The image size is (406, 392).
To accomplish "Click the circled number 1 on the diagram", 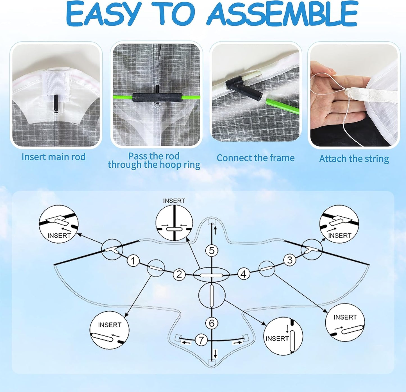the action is (x=133, y=260).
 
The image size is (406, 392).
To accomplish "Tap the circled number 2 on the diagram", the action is (x=179, y=274).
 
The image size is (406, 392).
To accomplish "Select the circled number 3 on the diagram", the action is (x=290, y=260).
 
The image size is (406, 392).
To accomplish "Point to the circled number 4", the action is (x=244, y=274).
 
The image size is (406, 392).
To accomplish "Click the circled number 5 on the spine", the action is (x=212, y=250).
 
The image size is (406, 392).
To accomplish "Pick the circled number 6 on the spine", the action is (x=212, y=323).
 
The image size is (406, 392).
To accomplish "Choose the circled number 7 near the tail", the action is (x=201, y=340).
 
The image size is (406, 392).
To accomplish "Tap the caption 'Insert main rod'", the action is (x=54, y=157).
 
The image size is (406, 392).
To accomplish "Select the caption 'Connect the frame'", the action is (x=256, y=158).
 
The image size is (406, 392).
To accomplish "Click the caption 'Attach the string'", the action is (x=354, y=159).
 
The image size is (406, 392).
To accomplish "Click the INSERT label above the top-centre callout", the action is (x=174, y=201).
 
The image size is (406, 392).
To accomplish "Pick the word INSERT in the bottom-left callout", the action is (x=110, y=325).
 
